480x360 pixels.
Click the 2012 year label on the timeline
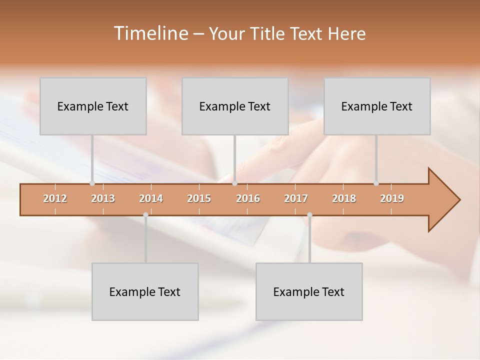pos(55,198)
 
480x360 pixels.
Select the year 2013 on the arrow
pos(103,198)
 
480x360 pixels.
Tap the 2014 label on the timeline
pos(151,198)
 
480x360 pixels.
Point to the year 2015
pos(199,198)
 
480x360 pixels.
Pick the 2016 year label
pos(248,198)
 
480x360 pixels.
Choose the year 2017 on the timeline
pos(296,198)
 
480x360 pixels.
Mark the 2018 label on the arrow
pos(344,198)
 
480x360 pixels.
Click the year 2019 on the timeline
pos(392,198)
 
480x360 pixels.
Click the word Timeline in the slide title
pos(150,33)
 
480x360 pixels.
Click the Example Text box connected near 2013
pos(93,106)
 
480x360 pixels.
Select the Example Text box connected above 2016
pos(235,106)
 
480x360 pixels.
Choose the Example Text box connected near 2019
pos(377,106)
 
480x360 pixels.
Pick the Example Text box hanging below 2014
pos(145,292)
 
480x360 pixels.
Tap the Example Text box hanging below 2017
pos(309,292)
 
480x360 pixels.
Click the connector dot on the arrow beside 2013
pos(92,183)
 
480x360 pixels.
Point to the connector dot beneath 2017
pos(309,215)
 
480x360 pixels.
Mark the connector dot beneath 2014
pos(145,215)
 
